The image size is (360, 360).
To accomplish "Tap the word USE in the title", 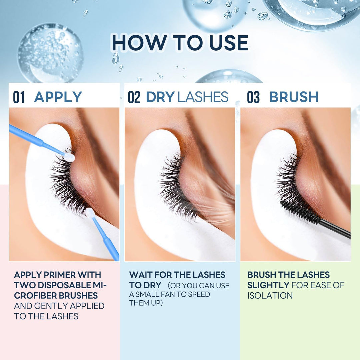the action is (229, 43).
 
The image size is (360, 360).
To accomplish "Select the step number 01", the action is (19, 97).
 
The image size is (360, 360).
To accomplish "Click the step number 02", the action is (134, 97).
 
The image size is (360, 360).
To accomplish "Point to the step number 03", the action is (253, 97).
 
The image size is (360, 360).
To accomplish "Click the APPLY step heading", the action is (58, 97).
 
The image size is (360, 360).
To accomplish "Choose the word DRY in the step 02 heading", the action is (160, 97).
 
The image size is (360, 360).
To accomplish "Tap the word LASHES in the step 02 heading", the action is (203, 97).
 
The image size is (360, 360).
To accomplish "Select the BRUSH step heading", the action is (294, 97).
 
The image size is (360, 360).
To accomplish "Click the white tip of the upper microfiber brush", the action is (69, 157).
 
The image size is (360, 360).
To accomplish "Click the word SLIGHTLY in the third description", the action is (268, 285).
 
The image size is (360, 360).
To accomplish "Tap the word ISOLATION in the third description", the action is (270, 295).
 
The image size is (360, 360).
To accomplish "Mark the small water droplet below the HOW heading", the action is (115, 58).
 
